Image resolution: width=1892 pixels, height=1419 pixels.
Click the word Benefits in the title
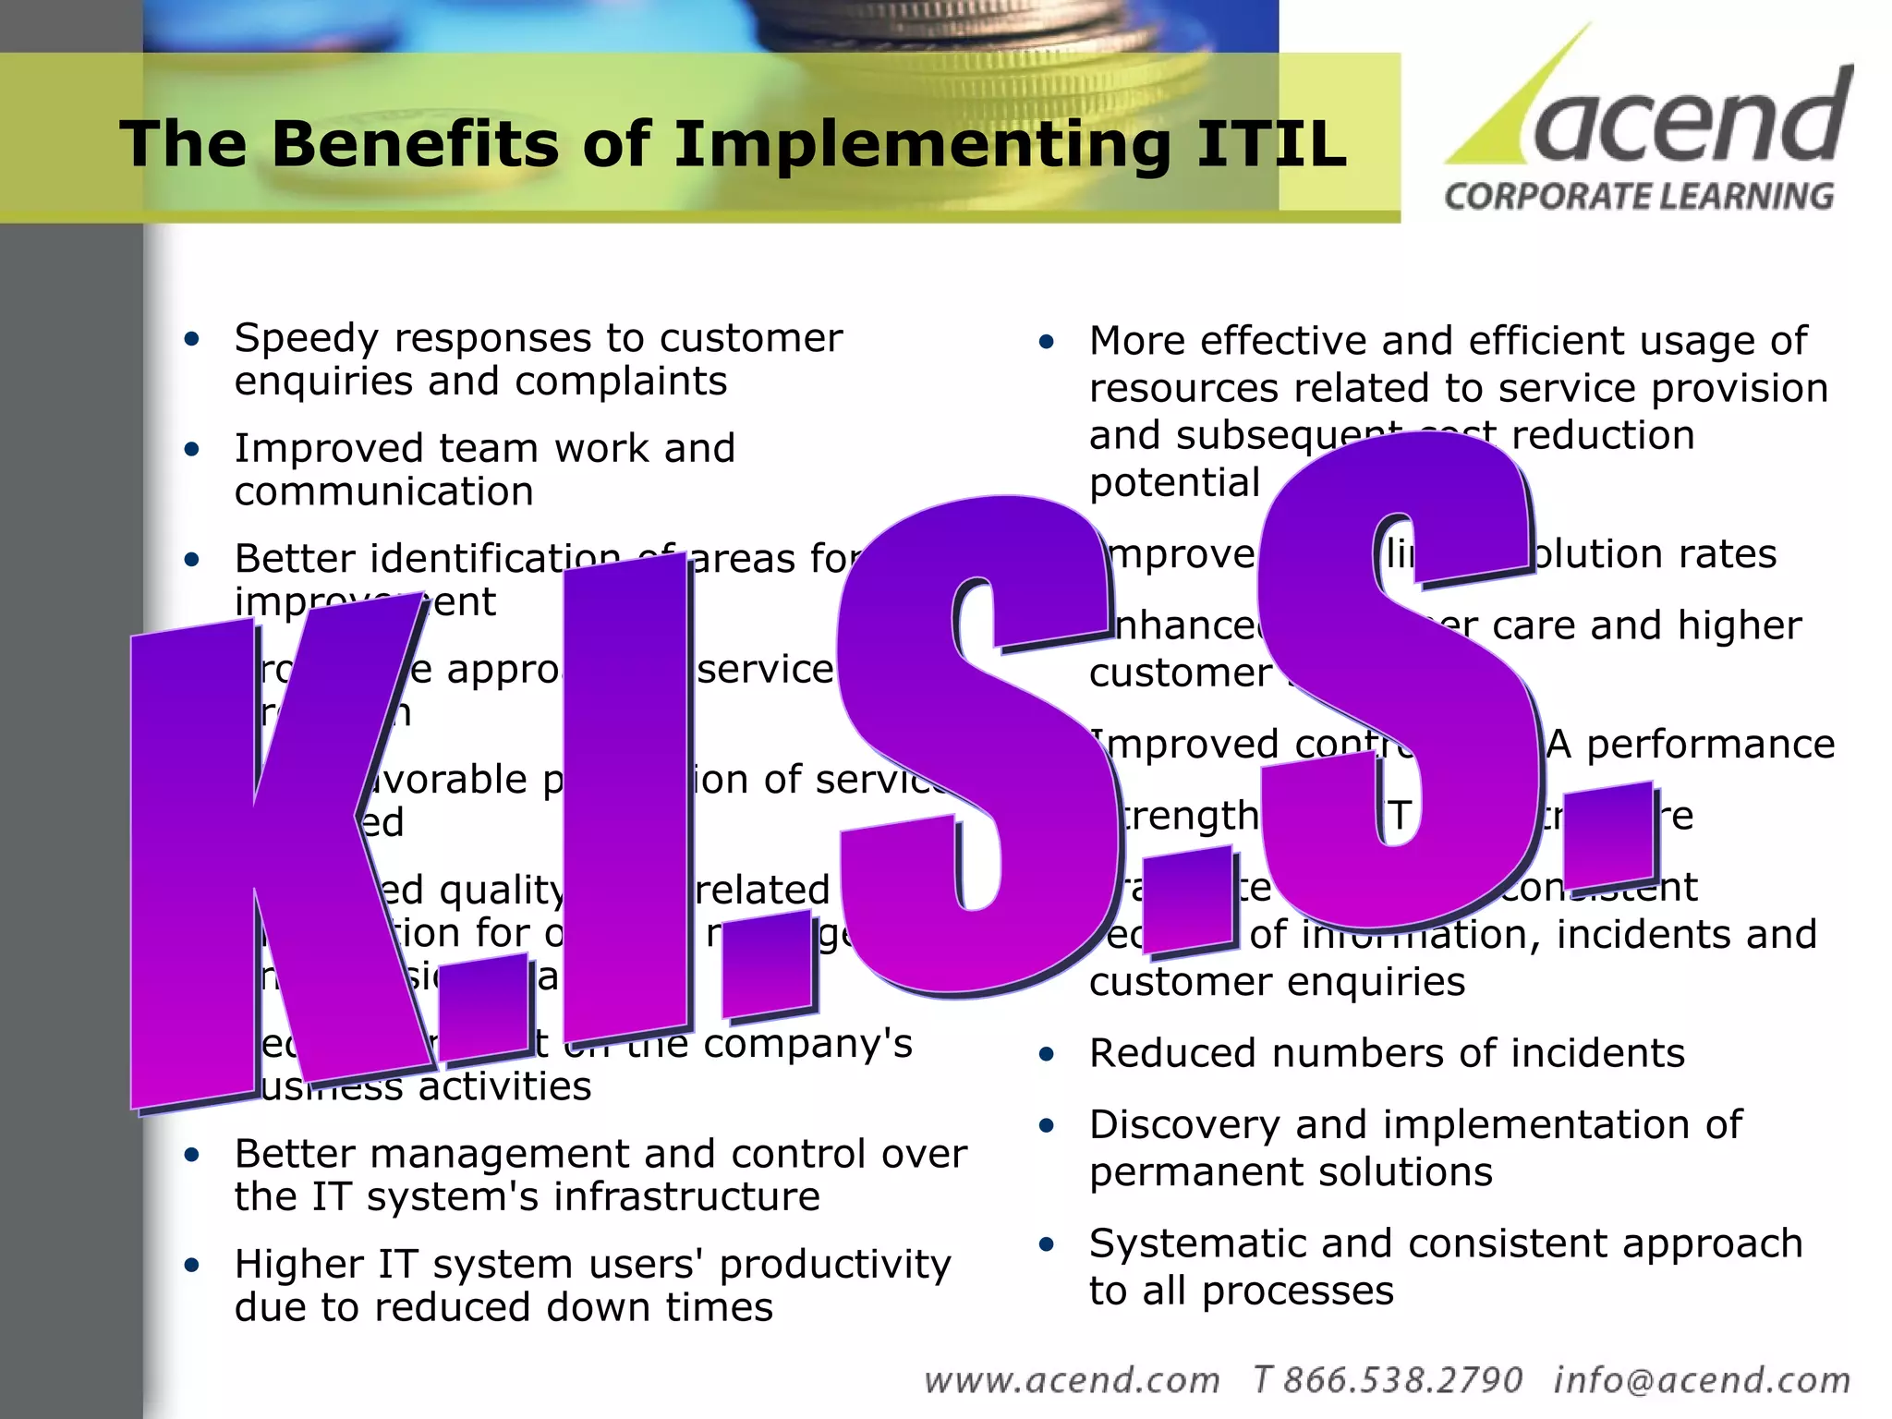[x=415, y=144]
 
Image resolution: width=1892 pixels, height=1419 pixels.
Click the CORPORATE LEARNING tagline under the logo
[x=1639, y=197]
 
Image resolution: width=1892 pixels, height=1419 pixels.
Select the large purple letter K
[x=268, y=859]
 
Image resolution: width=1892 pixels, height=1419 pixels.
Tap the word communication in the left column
[x=383, y=491]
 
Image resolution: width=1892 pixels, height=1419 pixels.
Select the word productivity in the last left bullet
[x=835, y=1264]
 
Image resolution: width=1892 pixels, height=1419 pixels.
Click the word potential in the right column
[x=1174, y=483]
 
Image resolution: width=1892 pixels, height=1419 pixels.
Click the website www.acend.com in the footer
[x=1072, y=1380]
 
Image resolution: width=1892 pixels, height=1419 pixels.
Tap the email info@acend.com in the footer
[x=1702, y=1380]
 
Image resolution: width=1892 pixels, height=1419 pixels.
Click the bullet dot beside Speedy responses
[x=192, y=339]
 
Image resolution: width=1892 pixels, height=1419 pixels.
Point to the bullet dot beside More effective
[x=1046, y=343]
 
